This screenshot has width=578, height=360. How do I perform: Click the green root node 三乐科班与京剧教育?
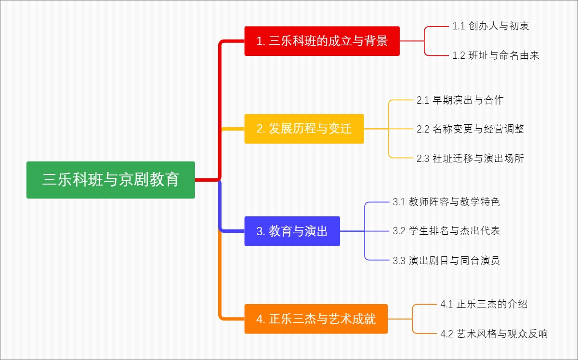111,180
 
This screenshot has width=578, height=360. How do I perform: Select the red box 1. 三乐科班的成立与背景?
322,41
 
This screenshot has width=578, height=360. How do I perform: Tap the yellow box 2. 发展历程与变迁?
304,129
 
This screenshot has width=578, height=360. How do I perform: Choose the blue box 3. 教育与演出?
292,231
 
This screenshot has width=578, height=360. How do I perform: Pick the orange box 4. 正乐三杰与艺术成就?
315,319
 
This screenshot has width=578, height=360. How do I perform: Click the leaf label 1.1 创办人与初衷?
491,26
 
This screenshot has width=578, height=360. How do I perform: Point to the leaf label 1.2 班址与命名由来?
496,55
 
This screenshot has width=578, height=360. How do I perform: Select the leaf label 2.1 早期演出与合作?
460,100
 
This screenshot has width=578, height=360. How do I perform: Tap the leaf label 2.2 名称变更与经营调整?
470,129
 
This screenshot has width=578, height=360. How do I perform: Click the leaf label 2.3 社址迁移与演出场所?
470,158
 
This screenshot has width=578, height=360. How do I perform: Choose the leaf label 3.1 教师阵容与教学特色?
446,202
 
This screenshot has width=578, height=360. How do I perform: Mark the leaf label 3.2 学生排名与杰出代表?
446,231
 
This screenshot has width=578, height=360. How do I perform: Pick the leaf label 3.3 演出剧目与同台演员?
446,261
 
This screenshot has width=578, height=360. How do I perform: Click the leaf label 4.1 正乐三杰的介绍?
484,304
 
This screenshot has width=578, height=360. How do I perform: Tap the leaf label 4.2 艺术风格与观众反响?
494,333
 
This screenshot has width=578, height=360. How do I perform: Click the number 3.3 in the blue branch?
399,261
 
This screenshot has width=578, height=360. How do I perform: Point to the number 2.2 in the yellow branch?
423,129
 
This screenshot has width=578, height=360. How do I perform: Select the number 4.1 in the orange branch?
447,304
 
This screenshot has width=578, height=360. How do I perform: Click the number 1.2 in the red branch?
459,55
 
